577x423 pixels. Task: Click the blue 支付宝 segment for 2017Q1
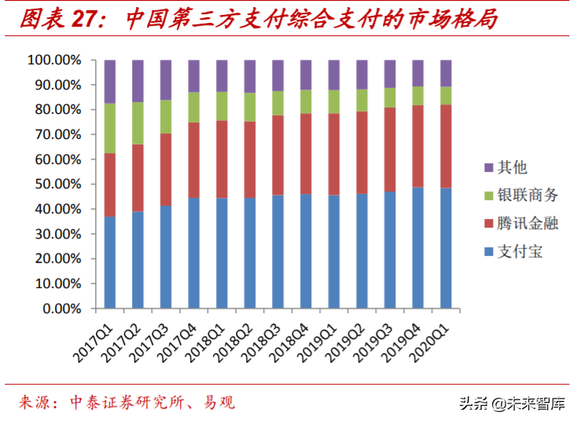[x=110, y=262]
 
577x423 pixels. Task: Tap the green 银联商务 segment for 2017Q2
[x=138, y=123]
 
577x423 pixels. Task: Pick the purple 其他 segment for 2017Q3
[x=166, y=79]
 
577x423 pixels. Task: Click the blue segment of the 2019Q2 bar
[x=362, y=251]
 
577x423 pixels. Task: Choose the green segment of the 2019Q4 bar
[x=418, y=95]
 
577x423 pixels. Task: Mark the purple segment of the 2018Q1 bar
[x=222, y=75]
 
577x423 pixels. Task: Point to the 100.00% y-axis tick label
[x=53, y=60]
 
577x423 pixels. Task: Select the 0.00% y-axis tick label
[x=58, y=309]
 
